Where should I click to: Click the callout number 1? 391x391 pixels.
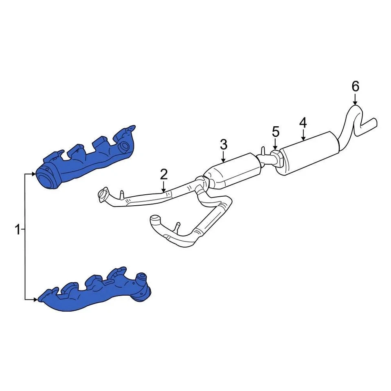pos(17,230)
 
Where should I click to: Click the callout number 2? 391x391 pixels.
pos(163,175)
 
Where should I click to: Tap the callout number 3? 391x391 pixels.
pos(223,144)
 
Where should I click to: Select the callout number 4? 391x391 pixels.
pos(303,122)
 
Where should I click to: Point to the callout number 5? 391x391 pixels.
pos(276,132)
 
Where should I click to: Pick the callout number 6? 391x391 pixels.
pos(355,86)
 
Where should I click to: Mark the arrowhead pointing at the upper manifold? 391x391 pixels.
pos(34,174)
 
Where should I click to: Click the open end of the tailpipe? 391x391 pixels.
pos(374,122)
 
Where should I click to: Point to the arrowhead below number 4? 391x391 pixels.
pos(303,139)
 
